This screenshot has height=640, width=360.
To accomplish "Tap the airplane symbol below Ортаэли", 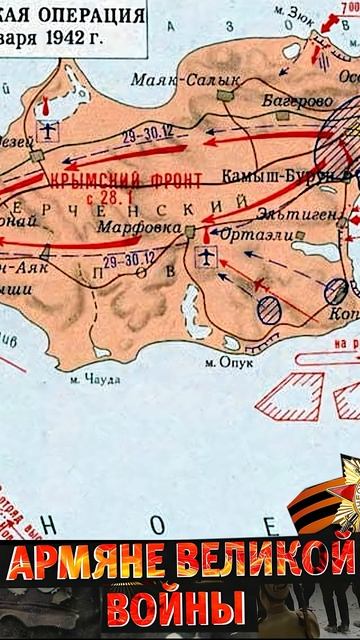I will [x=207, y=258].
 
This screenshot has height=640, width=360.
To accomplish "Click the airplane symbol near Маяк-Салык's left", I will [x=47, y=130].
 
